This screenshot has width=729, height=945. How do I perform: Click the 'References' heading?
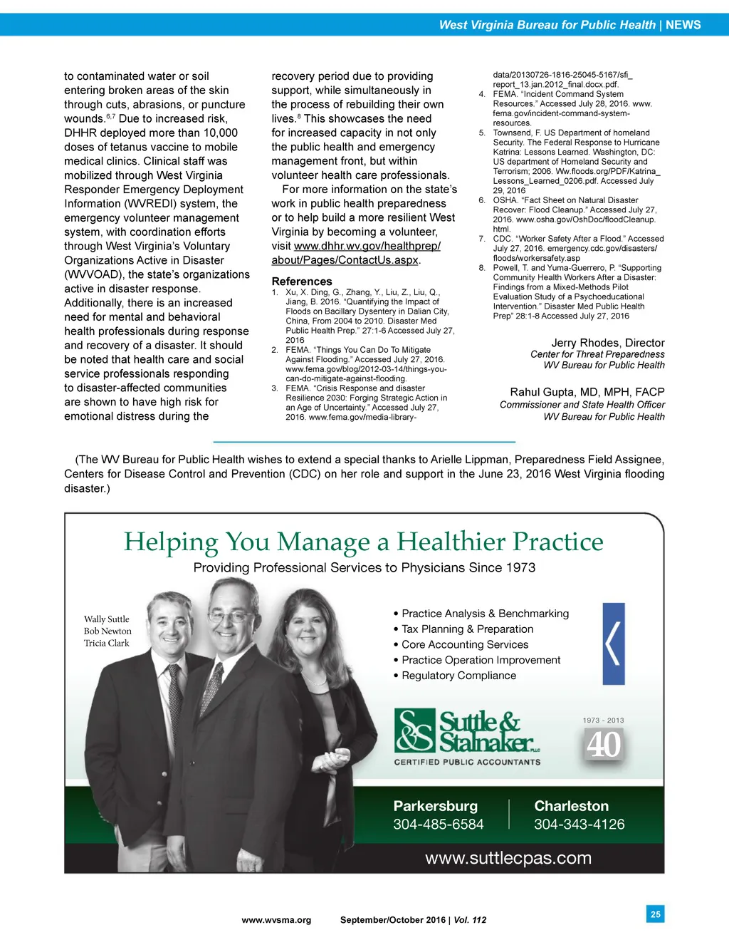pos(302,282)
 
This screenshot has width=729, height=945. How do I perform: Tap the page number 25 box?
pos(656,914)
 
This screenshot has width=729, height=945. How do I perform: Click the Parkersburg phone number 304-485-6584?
pos(438,825)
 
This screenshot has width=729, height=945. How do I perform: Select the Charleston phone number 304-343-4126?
pos(579,825)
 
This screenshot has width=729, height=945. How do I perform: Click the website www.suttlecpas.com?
pos(508,858)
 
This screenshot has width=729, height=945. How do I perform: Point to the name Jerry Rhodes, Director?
pos(607,343)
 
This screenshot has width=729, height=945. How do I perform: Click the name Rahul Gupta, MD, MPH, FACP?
pos(587,392)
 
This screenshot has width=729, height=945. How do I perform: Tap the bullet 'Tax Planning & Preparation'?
pos(467,629)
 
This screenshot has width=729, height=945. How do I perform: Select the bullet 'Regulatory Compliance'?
pos(458,676)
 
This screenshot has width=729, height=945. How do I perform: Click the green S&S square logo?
pos(414,730)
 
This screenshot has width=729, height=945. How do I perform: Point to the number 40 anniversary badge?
pos(604,745)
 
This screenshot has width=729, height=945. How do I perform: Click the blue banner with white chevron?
pos(614,644)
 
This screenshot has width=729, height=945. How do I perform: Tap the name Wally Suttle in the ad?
pos(107,619)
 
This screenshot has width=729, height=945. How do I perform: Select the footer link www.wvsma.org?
pos(276,920)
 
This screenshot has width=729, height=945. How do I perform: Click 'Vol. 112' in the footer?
pos(470,920)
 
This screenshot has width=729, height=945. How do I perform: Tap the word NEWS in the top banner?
pos(683,25)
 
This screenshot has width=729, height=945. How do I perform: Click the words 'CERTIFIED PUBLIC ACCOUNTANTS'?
pos(467,762)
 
